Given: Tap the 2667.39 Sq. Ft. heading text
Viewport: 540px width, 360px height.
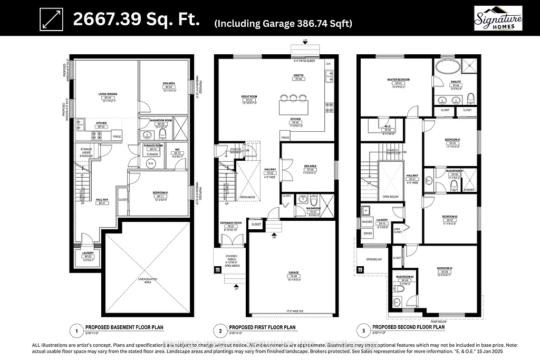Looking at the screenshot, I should coord(136,20).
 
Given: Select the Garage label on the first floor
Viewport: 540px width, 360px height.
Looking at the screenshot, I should coord(293,273).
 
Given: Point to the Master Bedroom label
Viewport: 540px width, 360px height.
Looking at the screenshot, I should coord(398,80).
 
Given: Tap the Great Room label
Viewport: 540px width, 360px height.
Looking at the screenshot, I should coord(248,96).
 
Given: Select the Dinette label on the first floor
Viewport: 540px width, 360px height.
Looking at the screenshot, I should coord(298,75).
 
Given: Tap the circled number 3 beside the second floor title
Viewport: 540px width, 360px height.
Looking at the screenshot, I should coord(362,330).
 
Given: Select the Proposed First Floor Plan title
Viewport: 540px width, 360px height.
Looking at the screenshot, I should coord(258,327).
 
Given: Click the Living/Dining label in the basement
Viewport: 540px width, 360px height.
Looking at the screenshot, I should coord(108,95).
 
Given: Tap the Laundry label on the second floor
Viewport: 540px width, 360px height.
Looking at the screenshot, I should coord(383,221).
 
